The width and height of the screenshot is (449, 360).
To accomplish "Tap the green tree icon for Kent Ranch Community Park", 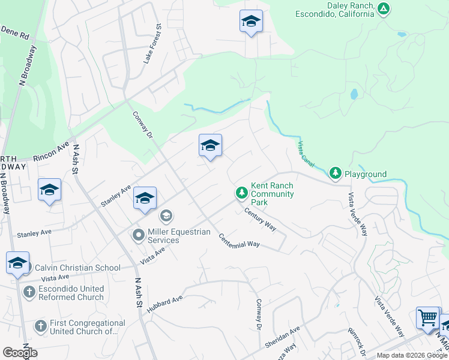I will click(x=241, y=193).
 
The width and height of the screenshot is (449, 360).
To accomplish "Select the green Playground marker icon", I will click(x=335, y=174).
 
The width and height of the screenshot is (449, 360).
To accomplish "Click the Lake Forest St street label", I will click(x=152, y=43).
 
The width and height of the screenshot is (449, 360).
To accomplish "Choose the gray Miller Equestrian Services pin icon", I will click(x=139, y=235).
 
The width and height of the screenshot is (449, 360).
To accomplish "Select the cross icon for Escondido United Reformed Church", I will click(x=28, y=293).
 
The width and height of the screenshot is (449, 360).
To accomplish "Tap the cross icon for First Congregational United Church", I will click(x=40, y=326).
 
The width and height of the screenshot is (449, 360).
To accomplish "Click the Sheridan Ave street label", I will click(x=282, y=338).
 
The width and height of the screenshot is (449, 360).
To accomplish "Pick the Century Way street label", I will click(x=259, y=219).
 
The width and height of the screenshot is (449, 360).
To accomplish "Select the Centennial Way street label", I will click(x=238, y=240).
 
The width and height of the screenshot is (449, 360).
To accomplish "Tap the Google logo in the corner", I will click(x=20, y=353).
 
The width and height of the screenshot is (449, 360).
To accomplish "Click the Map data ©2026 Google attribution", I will click(x=411, y=355).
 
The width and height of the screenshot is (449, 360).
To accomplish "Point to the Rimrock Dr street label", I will click(x=356, y=339).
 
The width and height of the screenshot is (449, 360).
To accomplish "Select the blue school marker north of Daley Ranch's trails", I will click(x=251, y=22).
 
